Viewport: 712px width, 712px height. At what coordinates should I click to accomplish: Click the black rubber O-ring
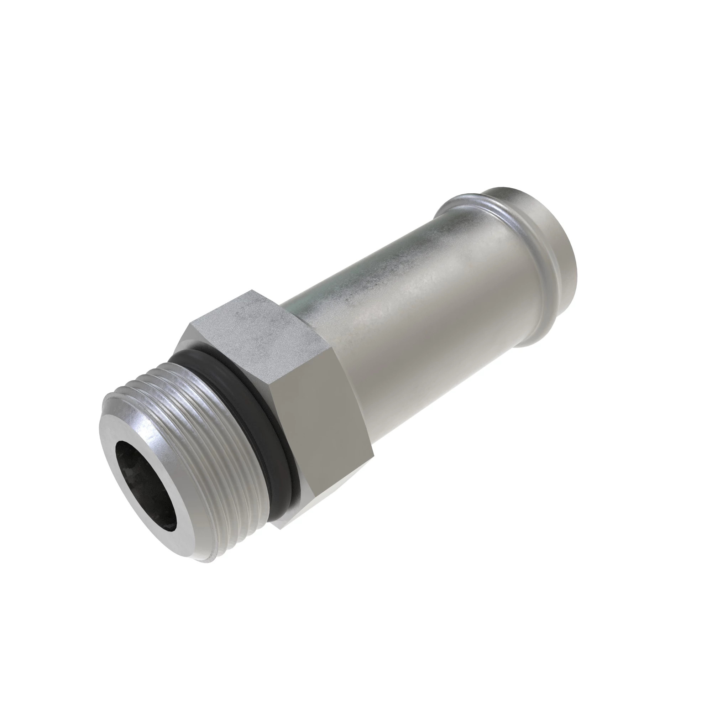tap(236, 368)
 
